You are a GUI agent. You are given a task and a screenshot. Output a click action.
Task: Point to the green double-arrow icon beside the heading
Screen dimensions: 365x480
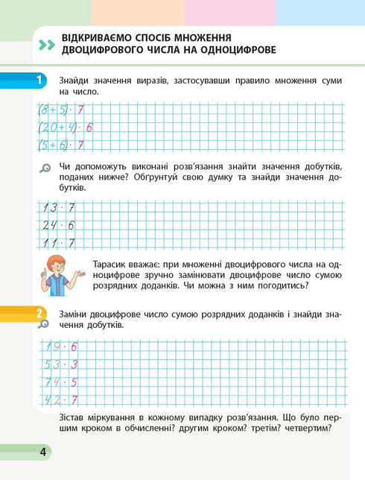(46, 45)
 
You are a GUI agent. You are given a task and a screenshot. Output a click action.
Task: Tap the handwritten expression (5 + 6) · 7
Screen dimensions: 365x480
(60, 145)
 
